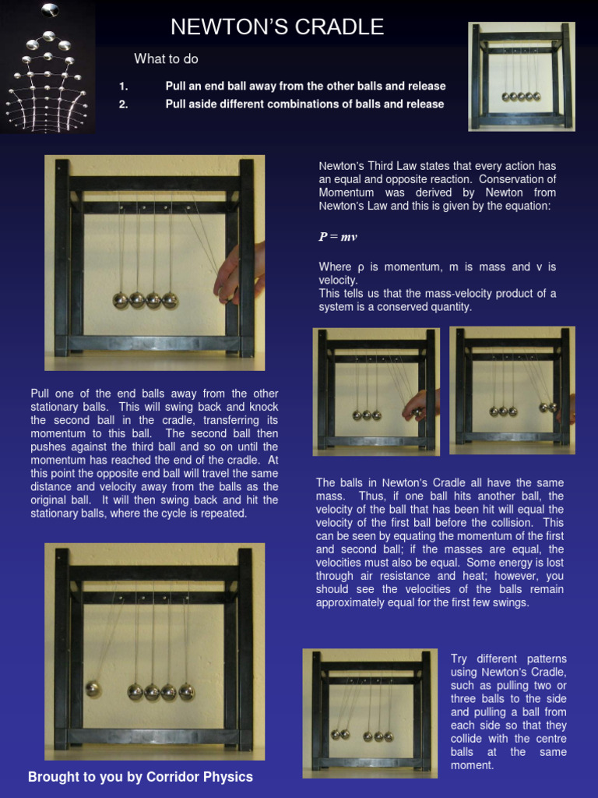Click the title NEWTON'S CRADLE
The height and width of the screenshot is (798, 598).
277,27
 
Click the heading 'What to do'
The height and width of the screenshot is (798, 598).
166,58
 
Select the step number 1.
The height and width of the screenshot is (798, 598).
124,87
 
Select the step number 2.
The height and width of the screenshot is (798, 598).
124,104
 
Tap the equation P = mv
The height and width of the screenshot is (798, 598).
338,237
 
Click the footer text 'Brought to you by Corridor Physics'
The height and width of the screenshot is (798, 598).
140,777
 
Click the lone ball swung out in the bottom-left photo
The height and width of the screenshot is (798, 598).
93,688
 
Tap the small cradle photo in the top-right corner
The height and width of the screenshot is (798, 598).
522,76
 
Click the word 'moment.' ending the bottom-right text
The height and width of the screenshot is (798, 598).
470,765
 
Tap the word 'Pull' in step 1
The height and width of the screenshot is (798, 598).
177,87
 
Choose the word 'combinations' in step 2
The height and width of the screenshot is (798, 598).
293,104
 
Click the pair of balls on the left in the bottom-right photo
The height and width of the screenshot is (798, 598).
340,734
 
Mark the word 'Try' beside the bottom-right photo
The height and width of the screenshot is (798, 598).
460,659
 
